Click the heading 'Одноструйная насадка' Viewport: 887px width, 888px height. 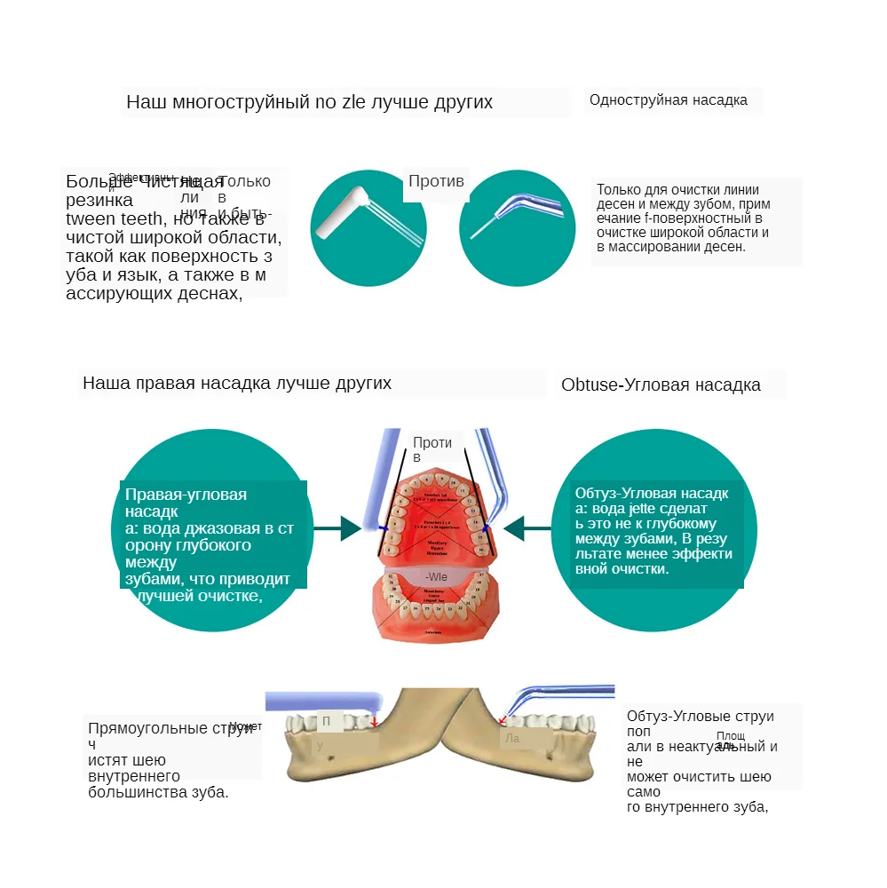tap(669, 100)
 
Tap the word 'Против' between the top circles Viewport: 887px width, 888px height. tap(436, 181)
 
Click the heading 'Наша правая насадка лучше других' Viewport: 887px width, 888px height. tap(237, 384)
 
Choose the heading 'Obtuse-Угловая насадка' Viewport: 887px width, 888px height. tap(661, 385)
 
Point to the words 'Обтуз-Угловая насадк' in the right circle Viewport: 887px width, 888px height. tap(652, 494)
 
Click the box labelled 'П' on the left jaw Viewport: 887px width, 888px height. tap(327, 721)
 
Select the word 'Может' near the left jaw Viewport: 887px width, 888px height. tap(246, 726)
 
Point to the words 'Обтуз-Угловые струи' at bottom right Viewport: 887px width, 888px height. tap(701, 717)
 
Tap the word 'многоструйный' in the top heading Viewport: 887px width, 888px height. tap(237, 102)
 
